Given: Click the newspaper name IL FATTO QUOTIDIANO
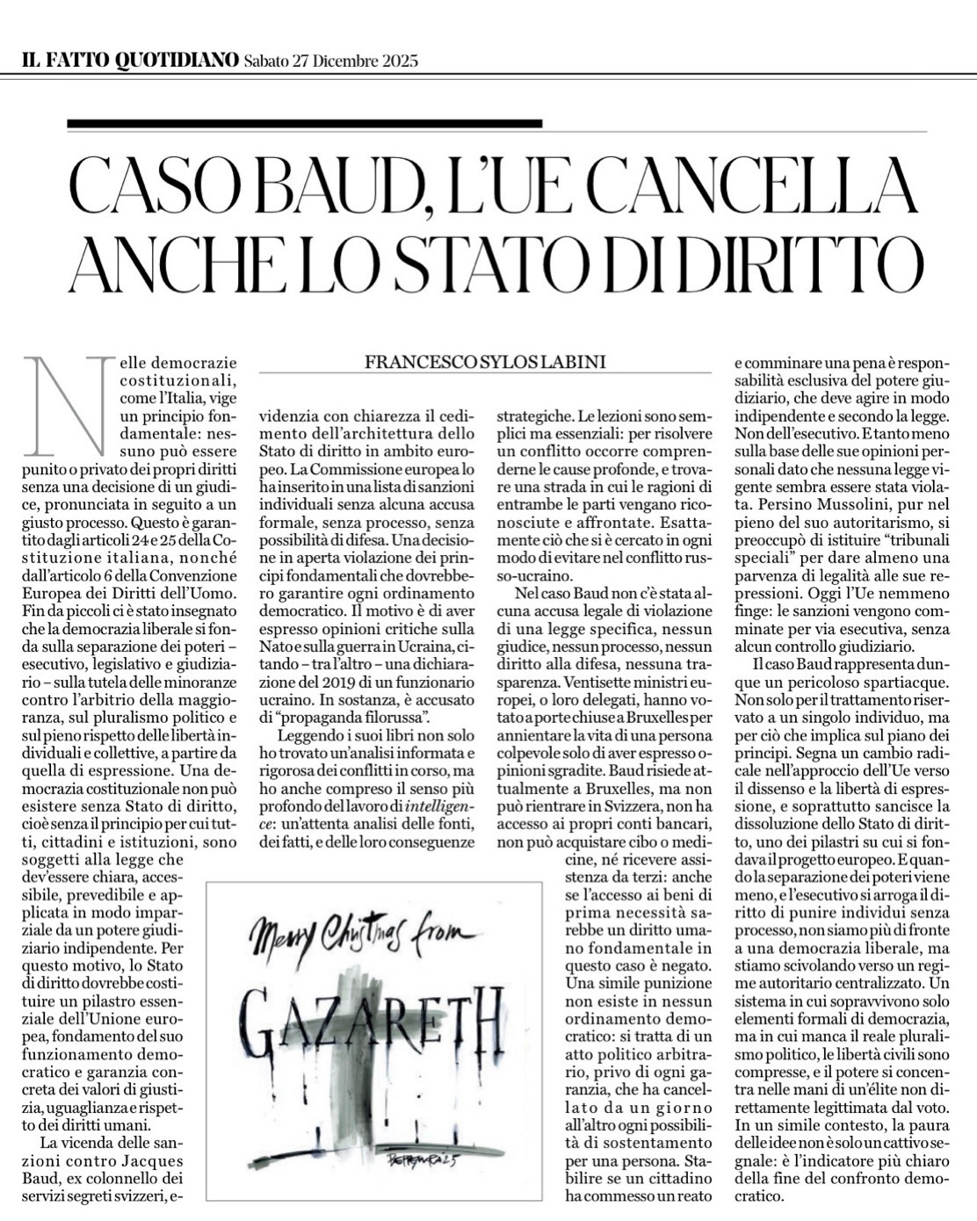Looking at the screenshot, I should pos(129,61).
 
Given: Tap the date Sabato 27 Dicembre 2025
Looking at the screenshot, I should pos(330,61).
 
